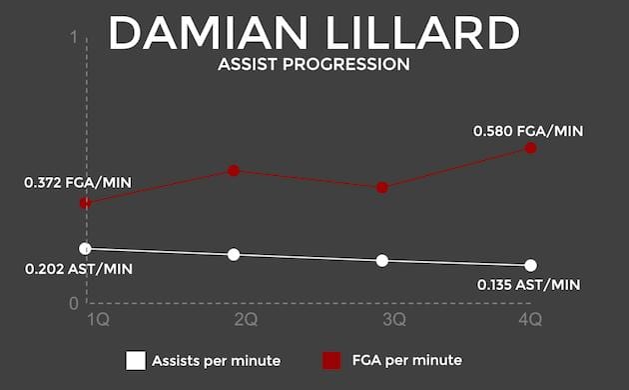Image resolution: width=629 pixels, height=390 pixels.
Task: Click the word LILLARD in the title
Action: click(x=419, y=33)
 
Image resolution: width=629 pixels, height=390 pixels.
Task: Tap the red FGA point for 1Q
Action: click(x=86, y=203)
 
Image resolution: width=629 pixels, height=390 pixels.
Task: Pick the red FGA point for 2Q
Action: click(x=234, y=170)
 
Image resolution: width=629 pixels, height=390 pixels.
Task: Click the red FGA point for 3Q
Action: click(x=382, y=187)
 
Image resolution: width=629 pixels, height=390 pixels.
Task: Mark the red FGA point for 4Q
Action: click(x=530, y=148)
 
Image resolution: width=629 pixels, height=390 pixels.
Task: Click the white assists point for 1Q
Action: click(x=86, y=248)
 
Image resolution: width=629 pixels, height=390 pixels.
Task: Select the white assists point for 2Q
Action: click(x=234, y=254)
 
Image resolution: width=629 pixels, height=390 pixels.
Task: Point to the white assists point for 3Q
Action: click(x=382, y=260)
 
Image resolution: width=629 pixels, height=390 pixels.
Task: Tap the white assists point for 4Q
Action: click(x=530, y=265)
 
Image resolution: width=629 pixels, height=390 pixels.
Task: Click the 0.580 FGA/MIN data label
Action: click(x=528, y=131)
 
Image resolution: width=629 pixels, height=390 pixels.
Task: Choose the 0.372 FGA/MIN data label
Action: click(x=79, y=183)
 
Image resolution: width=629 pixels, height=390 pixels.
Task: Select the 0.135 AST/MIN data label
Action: click(x=528, y=285)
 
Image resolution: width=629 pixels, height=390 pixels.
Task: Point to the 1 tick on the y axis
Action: click(x=73, y=38)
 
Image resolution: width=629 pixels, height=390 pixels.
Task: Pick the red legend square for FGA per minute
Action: click(x=331, y=360)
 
